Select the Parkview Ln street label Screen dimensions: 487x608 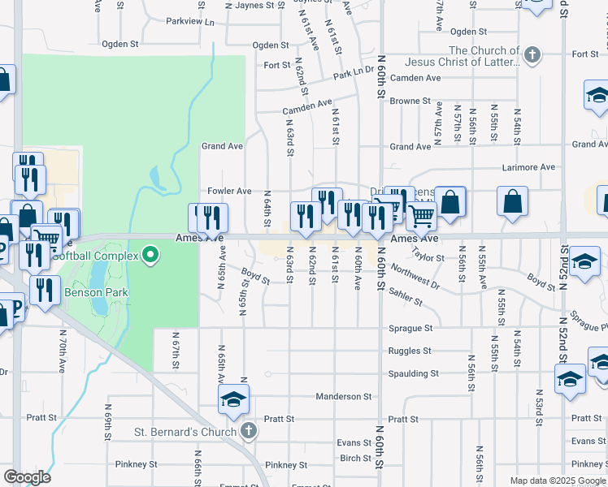pos(190,22)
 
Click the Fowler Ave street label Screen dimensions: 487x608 pos(229,191)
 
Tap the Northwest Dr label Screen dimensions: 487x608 pos(415,277)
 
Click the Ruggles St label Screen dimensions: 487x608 pos(410,351)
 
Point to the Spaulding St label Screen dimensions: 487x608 pos(411,374)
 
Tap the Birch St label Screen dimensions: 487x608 pos(356,458)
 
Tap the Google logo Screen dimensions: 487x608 pos(27,477)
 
